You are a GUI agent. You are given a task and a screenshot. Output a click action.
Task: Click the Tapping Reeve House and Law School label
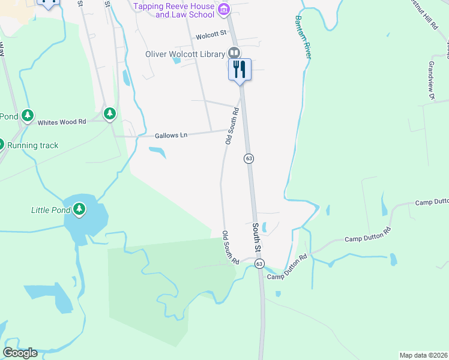point(173,10)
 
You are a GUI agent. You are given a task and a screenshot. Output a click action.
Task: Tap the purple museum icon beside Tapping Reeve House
point(224,8)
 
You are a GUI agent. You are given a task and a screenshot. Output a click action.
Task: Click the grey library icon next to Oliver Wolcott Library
point(234,53)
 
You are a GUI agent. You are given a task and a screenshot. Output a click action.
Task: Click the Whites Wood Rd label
point(62,122)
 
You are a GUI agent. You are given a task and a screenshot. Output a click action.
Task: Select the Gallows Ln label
point(171,136)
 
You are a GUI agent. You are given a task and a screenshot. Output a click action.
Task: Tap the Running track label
point(33,145)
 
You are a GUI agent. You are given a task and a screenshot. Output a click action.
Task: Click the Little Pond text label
point(50,210)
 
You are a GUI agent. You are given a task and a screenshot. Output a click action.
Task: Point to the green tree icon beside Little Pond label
point(79,209)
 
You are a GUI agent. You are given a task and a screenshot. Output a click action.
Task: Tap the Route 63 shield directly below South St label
point(259,263)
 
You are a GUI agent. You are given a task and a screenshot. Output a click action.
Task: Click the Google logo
point(20,353)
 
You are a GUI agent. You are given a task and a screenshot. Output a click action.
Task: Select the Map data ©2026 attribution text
point(423,355)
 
